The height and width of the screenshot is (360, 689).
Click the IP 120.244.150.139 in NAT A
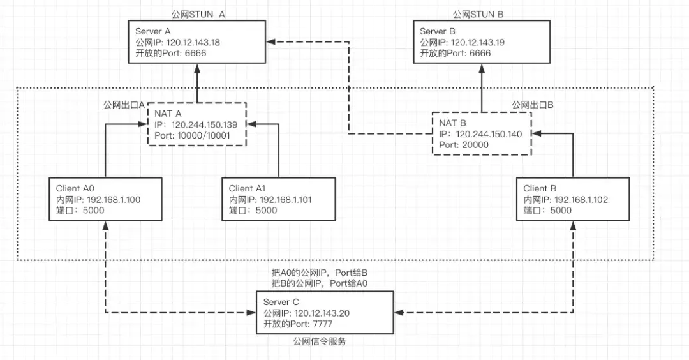[203, 124]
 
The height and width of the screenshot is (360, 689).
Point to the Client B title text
[540, 189]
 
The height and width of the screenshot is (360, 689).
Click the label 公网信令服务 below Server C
[320, 342]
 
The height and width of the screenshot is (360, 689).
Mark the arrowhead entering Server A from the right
[270, 42]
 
